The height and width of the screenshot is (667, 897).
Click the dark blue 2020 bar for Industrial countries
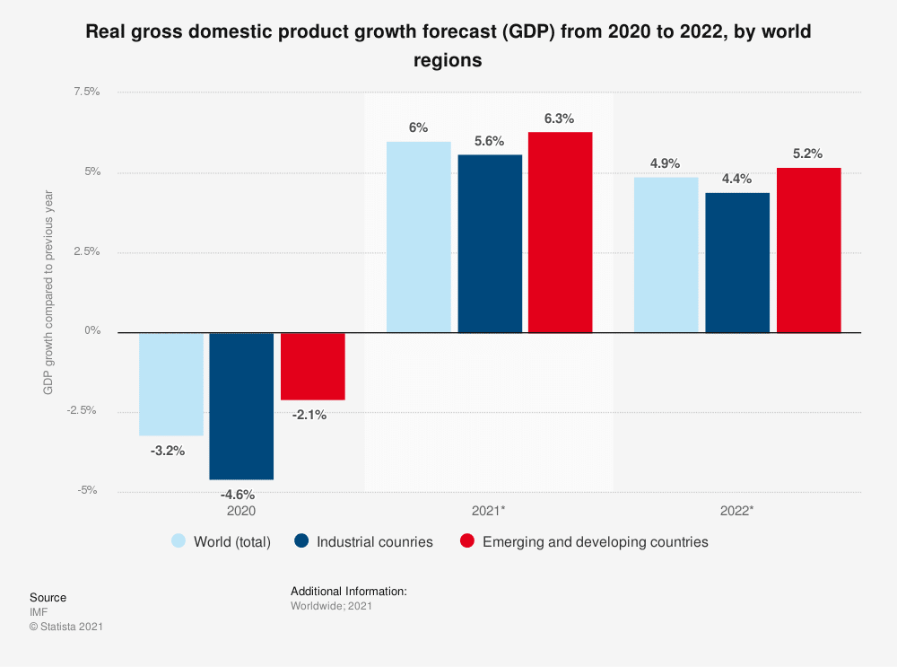[241, 406]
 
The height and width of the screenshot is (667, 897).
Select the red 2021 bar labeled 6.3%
[560, 232]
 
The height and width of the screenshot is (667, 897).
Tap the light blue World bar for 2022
[666, 254]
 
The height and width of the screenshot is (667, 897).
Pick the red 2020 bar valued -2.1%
[312, 365]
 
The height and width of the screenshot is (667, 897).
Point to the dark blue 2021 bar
[490, 243]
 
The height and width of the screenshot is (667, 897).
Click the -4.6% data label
[239, 494]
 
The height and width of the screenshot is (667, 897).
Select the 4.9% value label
[665, 163]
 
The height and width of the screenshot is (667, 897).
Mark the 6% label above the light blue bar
[418, 127]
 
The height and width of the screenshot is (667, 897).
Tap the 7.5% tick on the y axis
[86, 92]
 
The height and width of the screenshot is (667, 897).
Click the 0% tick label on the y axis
[91, 331]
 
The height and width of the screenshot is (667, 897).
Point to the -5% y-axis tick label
[88, 490]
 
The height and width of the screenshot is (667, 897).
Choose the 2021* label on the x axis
[488, 511]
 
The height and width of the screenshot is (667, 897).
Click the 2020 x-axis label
[240, 511]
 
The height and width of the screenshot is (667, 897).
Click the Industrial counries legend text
[375, 541]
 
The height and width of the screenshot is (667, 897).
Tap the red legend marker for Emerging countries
[466, 541]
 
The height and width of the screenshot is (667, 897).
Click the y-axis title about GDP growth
[48, 292]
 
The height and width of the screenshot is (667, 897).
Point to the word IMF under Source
[39, 612]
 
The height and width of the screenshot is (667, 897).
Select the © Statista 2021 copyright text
[66, 627]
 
